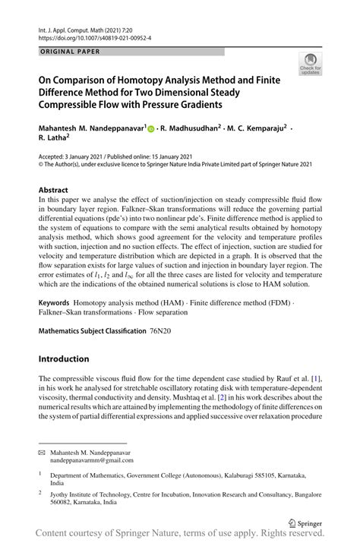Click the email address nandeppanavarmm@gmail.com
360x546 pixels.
[x=92, y=460]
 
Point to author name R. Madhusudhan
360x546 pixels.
[x=188, y=128]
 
